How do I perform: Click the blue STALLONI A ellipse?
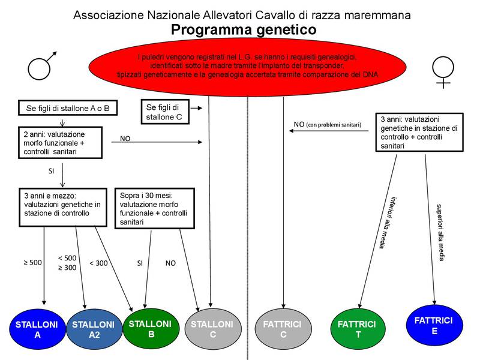pos(37,330)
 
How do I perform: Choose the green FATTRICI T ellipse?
pos(358,329)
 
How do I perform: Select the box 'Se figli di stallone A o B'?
pos(67,109)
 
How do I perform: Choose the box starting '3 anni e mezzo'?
pos(63,208)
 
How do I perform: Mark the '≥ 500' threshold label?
pos(33,262)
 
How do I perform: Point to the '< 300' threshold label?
pos(99,263)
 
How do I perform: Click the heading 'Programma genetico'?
pos(243,29)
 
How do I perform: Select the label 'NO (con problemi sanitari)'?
pos(327,125)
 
